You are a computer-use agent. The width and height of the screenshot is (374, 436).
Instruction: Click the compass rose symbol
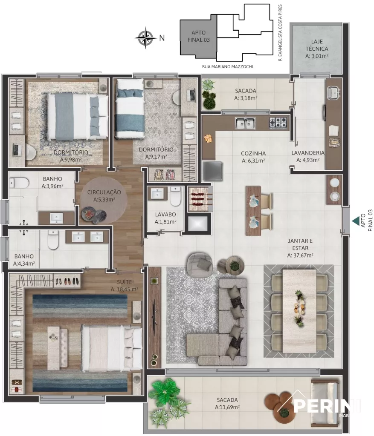click(145, 37)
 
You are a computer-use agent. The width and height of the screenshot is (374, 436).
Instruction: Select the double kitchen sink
click(245, 123)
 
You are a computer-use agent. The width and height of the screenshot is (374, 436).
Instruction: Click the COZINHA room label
click(253, 153)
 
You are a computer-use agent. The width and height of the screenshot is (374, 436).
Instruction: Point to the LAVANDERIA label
click(308, 153)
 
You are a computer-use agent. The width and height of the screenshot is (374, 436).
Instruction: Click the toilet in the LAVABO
click(175, 196)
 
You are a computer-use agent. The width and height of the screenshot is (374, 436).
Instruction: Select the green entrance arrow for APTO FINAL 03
click(356, 221)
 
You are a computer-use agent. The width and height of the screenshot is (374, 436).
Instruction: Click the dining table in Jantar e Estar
click(300, 311)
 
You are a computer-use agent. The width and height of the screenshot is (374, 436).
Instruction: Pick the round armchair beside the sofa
click(200, 265)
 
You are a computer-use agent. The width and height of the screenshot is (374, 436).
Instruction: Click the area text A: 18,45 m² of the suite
click(124, 289)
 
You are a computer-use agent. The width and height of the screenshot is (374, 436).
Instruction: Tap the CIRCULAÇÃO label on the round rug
click(104, 192)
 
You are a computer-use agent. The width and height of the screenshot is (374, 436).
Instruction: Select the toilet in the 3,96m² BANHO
click(19, 183)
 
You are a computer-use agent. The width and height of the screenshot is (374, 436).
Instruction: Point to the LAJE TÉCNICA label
click(317, 45)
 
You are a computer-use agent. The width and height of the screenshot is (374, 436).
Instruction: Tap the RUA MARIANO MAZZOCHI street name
click(228, 67)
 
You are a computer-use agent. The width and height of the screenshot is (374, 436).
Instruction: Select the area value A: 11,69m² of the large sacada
click(227, 407)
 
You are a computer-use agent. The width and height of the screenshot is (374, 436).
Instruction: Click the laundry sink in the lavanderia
click(333, 92)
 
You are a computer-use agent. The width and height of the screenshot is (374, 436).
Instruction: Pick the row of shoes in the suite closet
click(67, 281)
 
